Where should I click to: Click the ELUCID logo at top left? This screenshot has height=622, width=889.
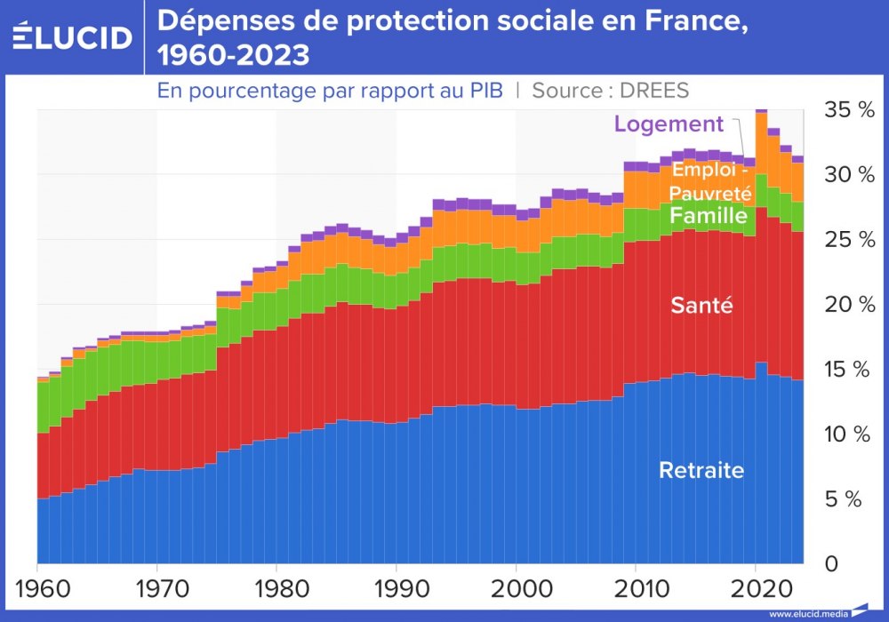(x=73, y=37)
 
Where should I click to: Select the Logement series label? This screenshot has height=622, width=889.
(x=669, y=124)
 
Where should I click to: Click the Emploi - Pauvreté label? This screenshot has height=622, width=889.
(x=712, y=180)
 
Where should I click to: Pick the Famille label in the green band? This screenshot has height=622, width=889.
(x=709, y=216)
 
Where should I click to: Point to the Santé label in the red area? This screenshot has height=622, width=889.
(x=701, y=307)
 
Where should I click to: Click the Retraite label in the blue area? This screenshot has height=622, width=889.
(x=701, y=471)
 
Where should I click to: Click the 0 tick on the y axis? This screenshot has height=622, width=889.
(x=831, y=563)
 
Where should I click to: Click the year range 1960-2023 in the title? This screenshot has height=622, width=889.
(x=234, y=56)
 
